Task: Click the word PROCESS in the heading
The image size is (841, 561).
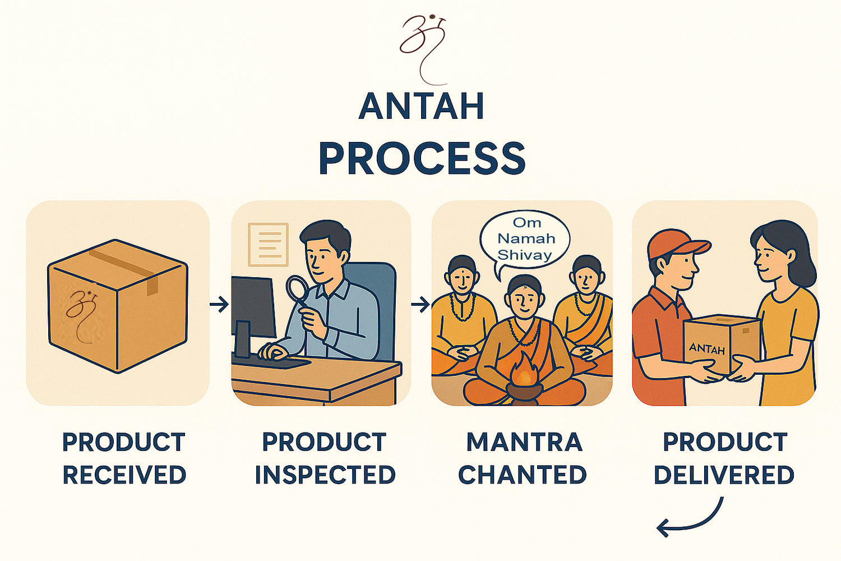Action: click(x=422, y=158)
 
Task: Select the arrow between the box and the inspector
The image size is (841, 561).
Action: click(x=219, y=305)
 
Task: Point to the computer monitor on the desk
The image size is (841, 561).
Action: click(x=253, y=316)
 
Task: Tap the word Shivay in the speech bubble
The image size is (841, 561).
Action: click(x=524, y=255)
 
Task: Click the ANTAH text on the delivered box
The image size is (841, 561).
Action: click(x=706, y=349)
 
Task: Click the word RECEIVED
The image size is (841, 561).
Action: click(x=124, y=475)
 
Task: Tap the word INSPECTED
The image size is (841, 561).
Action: click(x=325, y=475)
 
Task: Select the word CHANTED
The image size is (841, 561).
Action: click(x=522, y=475)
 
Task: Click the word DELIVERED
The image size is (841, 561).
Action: click(x=724, y=475)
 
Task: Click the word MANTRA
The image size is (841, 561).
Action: click(x=524, y=442)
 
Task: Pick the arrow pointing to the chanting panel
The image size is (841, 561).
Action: click(x=420, y=305)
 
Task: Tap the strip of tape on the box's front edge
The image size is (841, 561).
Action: click(x=152, y=286)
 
